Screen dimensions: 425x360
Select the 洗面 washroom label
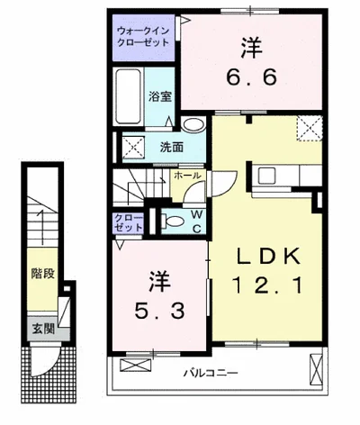click(x=172, y=147)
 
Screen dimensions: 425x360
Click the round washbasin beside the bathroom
click(x=193, y=126)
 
